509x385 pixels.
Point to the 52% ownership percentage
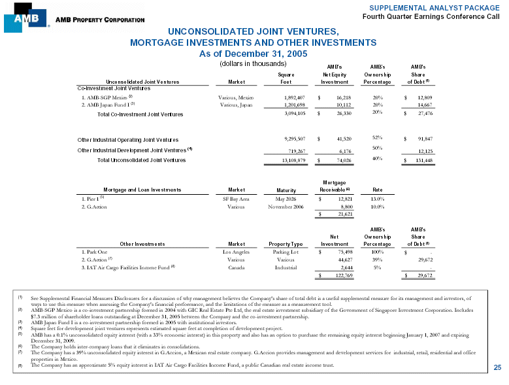376,137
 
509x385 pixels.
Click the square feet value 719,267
291,151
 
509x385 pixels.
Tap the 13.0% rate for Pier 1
376,199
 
